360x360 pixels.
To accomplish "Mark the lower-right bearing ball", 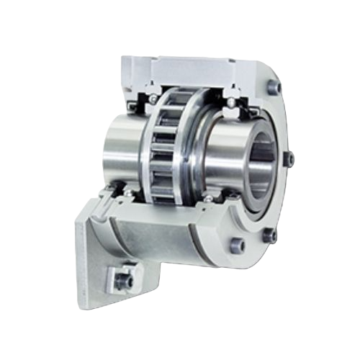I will (x=208, y=198).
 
